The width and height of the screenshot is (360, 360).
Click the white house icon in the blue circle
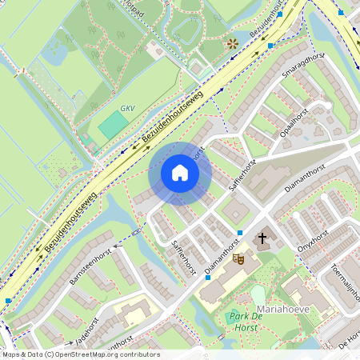tap(180, 173)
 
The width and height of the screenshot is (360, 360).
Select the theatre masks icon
tap(238, 258)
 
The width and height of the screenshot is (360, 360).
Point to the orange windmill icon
tap(232, 42)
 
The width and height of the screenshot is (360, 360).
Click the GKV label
tap(128, 108)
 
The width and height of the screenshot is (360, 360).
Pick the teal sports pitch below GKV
tap(114, 125)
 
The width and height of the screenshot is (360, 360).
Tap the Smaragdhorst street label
tap(302, 70)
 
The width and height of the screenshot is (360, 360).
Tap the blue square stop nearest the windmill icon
tap(270, 46)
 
